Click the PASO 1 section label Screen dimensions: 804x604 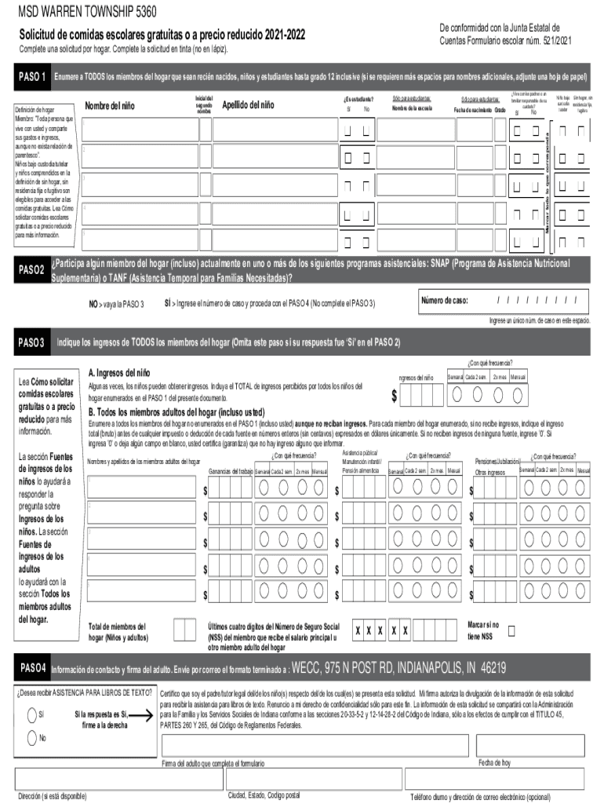click(34, 78)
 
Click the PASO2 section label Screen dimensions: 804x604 click(32, 270)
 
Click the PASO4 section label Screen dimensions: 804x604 click(35, 668)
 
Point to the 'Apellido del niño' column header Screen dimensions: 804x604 click(249, 105)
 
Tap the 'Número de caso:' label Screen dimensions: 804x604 click(445, 301)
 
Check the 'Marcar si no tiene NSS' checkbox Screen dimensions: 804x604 click(512, 631)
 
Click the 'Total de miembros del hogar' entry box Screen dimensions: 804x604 click(184, 630)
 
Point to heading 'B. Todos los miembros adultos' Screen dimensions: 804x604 click(176, 412)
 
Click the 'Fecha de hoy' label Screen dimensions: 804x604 click(494, 762)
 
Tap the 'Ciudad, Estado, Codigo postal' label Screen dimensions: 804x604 click(264, 795)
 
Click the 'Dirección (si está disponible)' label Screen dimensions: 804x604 click(52, 795)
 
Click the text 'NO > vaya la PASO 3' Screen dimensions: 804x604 click(116, 304)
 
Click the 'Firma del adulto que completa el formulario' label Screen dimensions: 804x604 click(213, 763)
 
